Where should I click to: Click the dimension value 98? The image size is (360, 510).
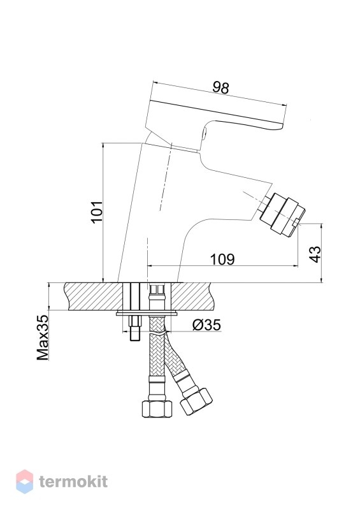[x=221, y=88]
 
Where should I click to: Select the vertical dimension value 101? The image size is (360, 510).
[x=97, y=212]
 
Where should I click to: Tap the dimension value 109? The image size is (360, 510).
[x=222, y=259]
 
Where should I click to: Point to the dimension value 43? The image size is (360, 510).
[x=315, y=254]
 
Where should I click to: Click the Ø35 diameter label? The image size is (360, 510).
[x=206, y=324]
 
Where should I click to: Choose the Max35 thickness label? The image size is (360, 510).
[x=43, y=337]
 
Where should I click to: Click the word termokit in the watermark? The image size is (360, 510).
[x=73, y=482]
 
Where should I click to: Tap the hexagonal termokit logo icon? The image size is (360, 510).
[x=25, y=481]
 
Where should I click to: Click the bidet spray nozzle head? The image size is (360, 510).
[x=283, y=214]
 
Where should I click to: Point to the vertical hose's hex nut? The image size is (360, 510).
[x=157, y=409]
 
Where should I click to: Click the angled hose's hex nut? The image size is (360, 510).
[x=196, y=401]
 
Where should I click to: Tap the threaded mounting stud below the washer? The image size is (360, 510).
[x=135, y=328]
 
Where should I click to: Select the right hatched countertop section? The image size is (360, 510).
[x=192, y=296]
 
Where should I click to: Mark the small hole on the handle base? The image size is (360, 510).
[x=205, y=133]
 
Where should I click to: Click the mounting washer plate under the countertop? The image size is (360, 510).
[x=147, y=313]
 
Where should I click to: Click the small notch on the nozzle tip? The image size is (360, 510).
[x=296, y=222]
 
